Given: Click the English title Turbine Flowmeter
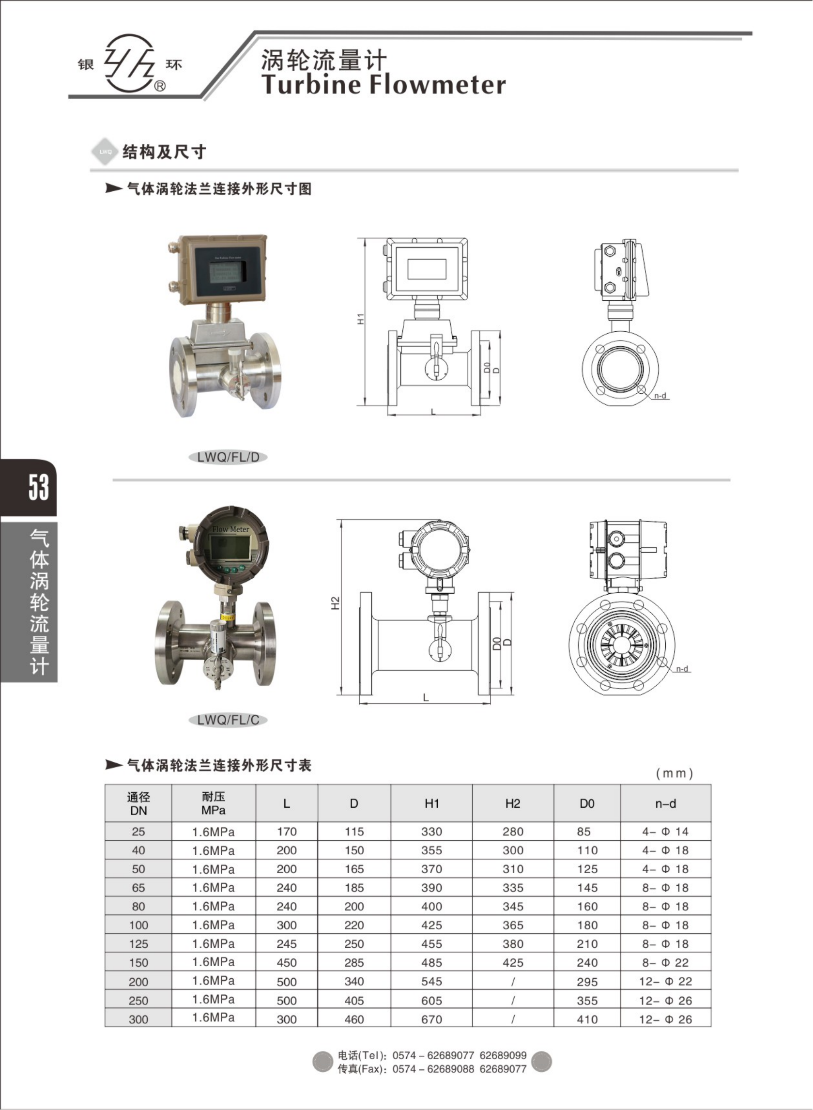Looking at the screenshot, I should tap(383, 84).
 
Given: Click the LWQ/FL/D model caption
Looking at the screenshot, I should tap(228, 457).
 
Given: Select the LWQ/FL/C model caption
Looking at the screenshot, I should tap(228, 720).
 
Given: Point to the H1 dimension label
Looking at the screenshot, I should tap(361, 319).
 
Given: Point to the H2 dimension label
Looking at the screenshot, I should tap(336, 603).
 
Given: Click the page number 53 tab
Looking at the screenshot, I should tap(38, 487).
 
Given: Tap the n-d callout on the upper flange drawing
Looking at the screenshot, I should tap(660, 395).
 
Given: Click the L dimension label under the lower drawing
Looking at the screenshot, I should tap(426, 697).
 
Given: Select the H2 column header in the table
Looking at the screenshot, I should tap(512, 803).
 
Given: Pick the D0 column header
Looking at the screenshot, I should tap(586, 803).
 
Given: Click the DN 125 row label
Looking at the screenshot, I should tap(138, 943).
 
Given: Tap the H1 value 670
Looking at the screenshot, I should tap(431, 1019).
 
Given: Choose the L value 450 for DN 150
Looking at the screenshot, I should tap(287, 962).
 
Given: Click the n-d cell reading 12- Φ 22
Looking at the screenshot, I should tap(665, 981).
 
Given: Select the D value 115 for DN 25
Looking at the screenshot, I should tap(354, 832).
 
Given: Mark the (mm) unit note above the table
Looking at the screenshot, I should tap(674, 773).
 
